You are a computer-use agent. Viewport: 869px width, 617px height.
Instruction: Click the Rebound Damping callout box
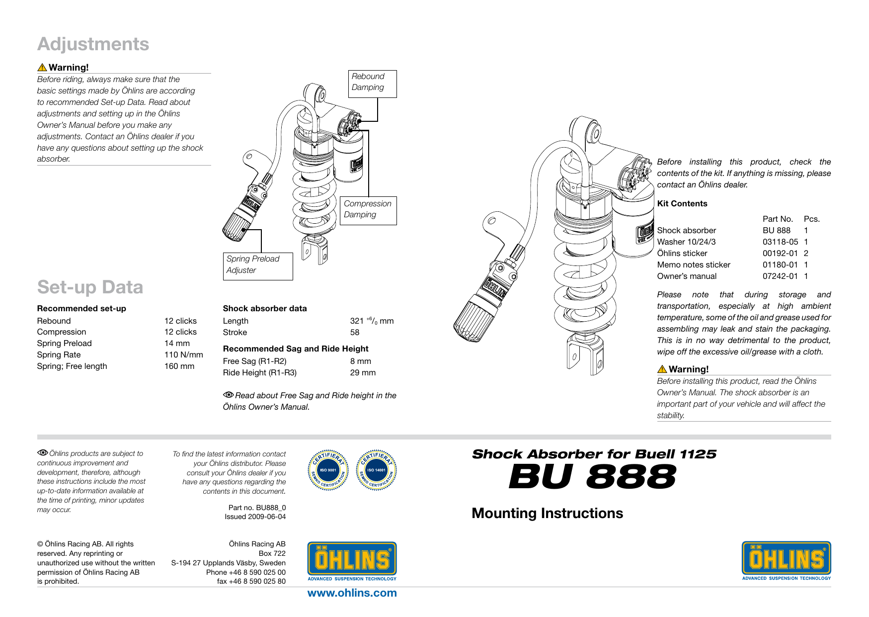coord(372,83)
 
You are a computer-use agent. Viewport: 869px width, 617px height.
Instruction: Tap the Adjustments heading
coord(93,44)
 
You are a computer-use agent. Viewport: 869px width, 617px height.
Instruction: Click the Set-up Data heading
coord(90,287)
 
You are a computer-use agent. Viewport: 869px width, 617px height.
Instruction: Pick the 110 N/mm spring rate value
coord(183,355)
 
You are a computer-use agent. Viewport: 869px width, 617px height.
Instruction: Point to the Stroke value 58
coord(354,333)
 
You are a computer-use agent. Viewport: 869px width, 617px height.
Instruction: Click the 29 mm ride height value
coord(363,373)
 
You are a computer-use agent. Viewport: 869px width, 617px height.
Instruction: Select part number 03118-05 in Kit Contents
coord(780,242)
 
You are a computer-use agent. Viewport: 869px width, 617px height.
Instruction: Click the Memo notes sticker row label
coord(693,265)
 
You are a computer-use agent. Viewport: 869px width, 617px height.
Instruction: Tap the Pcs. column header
coord(811,219)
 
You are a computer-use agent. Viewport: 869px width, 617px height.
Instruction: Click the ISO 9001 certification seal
coord(328,470)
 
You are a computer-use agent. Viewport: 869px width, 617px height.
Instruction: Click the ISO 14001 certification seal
coord(376,470)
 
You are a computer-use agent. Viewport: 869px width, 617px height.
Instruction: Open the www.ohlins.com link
coord(352,593)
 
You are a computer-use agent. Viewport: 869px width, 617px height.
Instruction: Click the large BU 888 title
coord(592,477)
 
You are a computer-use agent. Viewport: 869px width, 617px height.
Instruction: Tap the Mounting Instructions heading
coord(547,514)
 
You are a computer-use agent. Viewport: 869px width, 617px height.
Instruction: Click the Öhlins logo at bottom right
coord(786,560)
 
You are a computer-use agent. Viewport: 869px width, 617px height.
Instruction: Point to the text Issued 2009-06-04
coord(255,517)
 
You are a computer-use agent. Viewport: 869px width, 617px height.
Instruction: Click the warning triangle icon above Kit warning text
coord(662,369)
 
